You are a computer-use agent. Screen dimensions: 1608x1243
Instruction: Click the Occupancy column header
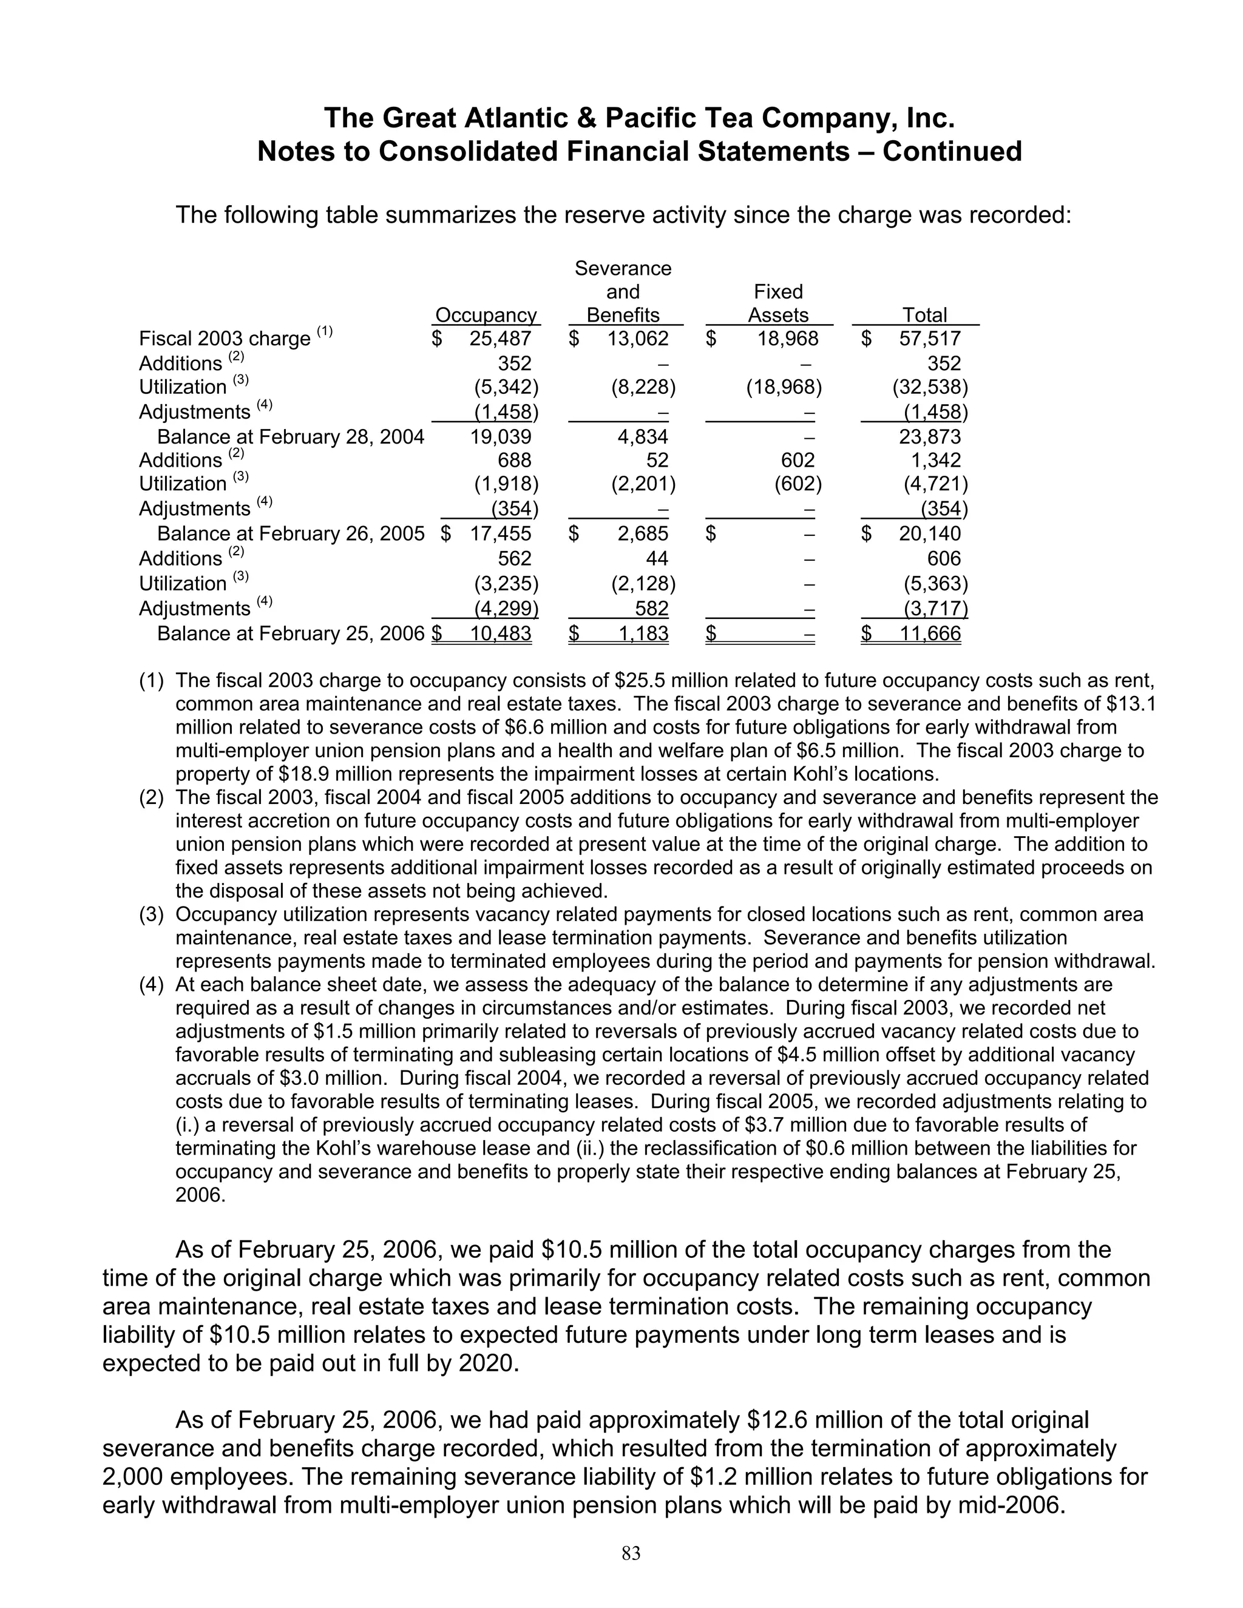pos(486,315)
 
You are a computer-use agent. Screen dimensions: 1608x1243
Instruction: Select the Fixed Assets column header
pos(777,303)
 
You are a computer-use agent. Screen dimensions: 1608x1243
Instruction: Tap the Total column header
pos(924,315)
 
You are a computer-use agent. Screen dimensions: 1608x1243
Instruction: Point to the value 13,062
pos(638,339)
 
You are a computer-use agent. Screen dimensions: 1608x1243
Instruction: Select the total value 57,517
pos(929,339)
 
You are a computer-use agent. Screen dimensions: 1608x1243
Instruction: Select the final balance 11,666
pos(929,633)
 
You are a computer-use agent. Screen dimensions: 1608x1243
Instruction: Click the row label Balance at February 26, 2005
pos(291,534)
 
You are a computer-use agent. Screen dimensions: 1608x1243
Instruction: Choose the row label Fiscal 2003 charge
pos(225,339)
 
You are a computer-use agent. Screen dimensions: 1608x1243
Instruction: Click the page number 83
pos(631,1553)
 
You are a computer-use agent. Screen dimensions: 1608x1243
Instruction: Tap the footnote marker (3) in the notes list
pos(151,914)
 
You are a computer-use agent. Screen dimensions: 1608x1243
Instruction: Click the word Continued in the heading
pos(952,152)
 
